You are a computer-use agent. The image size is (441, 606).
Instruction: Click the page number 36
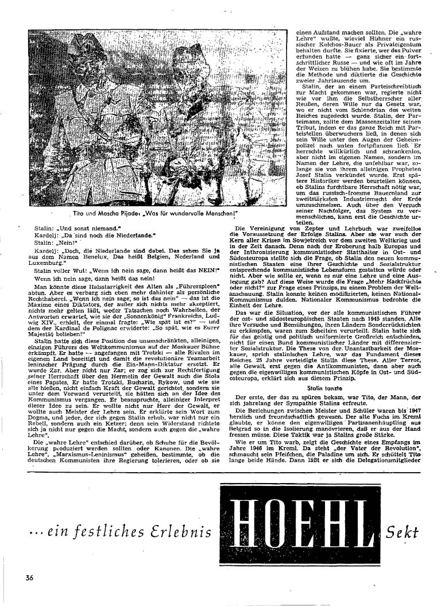click(x=30, y=576)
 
